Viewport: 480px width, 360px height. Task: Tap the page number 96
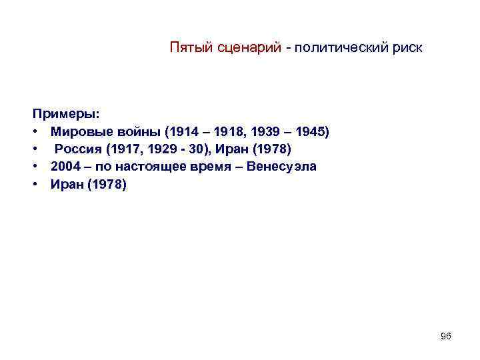[446, 337]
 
